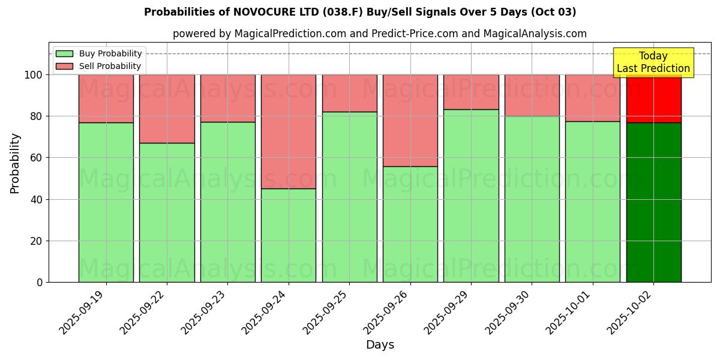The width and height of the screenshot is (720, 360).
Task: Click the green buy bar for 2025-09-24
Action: [289, 235]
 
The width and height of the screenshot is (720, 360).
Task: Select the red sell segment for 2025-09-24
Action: [289, 131]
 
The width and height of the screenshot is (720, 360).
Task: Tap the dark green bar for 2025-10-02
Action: [653, 202]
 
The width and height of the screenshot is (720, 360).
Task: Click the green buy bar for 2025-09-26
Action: [410, 224]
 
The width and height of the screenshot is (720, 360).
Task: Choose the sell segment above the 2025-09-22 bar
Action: [167, 109]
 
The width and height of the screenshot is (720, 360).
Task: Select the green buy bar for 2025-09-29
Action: [471, 196]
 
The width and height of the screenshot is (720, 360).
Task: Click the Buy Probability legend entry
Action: [99, 53]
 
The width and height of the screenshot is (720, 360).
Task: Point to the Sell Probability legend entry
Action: [99, 66]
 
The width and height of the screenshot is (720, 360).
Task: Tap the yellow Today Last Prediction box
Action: [653, 62]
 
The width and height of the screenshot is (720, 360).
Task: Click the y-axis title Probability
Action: [15, 163]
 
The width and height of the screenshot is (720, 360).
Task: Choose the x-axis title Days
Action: [380, 345]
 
